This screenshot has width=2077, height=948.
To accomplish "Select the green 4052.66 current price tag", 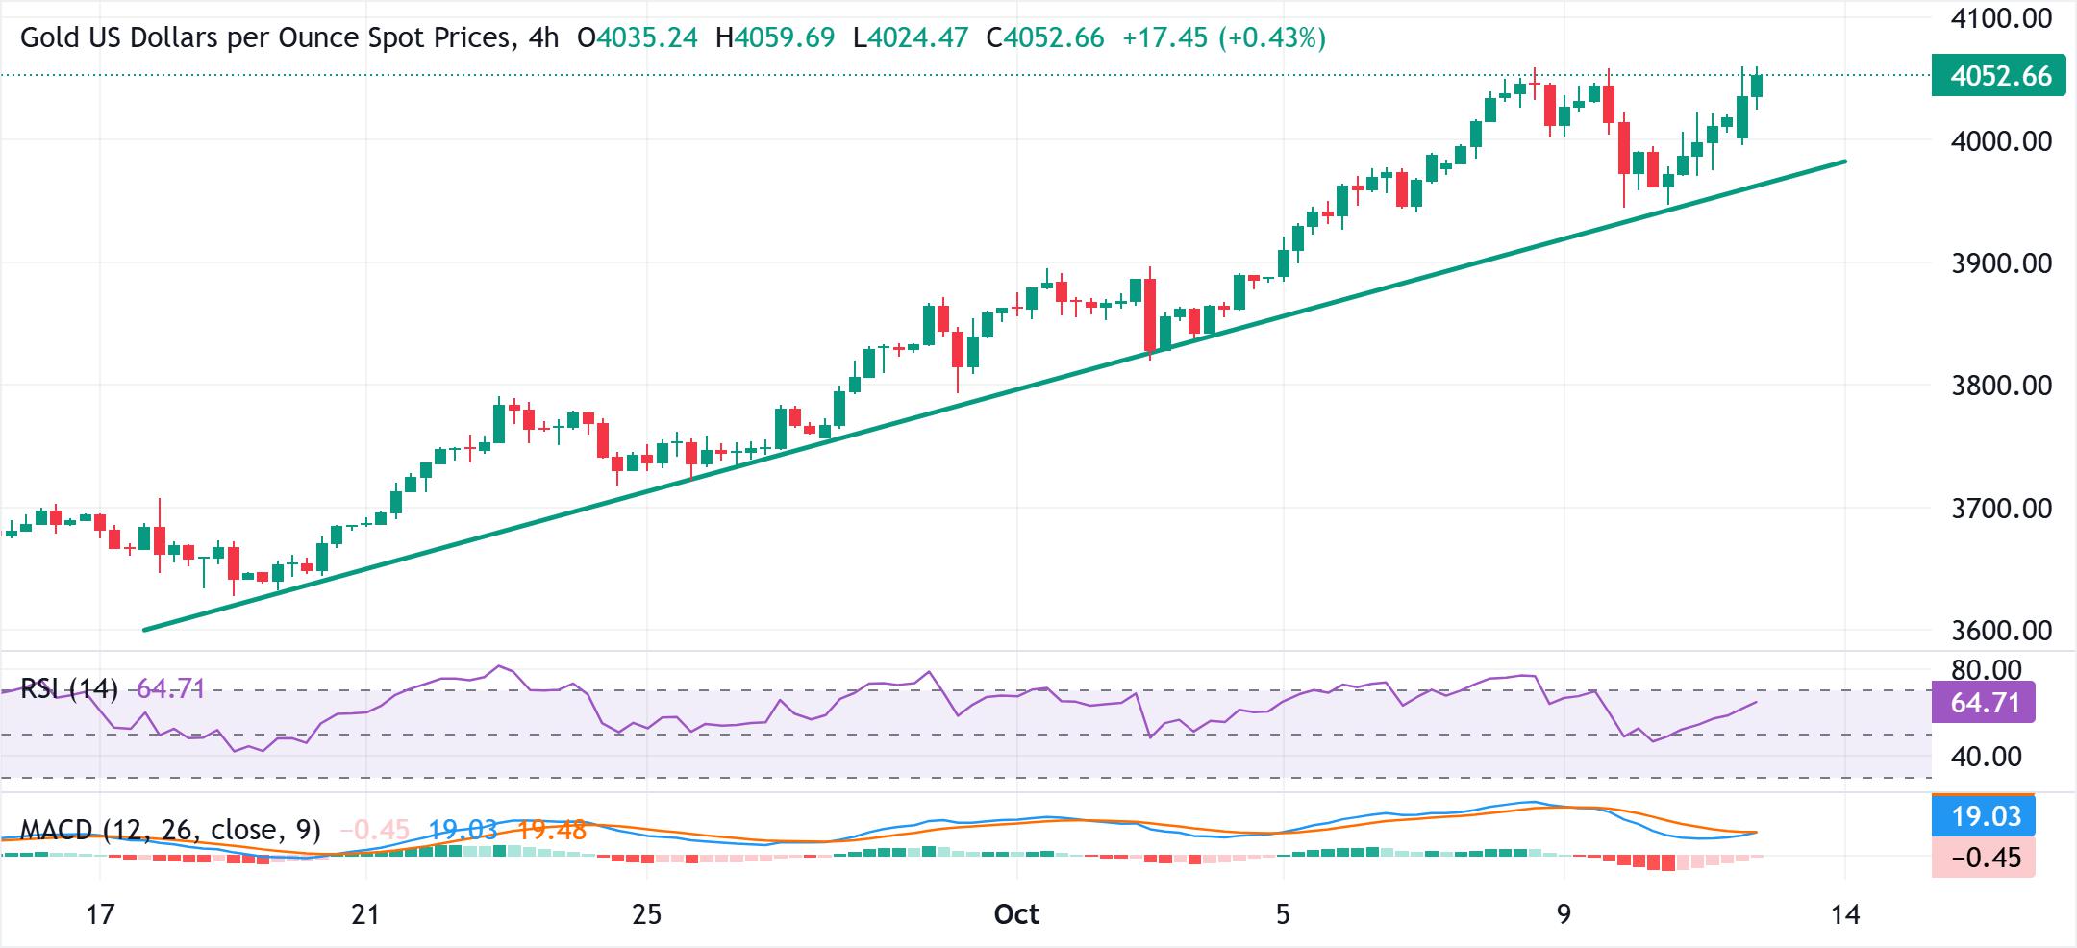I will pos(1997,76).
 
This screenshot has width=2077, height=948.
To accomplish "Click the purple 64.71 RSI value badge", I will pos(1983,703).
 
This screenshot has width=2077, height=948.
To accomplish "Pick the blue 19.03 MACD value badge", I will pos(1983,816).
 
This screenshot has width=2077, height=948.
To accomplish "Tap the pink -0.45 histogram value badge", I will pos(1983,857).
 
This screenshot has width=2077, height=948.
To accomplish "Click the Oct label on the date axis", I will pos(1016,914).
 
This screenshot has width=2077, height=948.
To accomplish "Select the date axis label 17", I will pos(100,914).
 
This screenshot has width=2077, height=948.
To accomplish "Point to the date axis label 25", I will pos(647,914).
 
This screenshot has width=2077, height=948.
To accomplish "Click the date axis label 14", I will pos(1845,914).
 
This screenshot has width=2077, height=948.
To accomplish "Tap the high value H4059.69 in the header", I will pos(775,38).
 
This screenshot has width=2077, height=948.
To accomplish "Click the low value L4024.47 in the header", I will pos(911,38).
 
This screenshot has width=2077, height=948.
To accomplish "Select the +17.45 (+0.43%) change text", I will pos(1223,38).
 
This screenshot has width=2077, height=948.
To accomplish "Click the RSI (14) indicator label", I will pos(69,688).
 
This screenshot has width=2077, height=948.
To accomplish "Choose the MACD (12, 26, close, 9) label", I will pos(170,830).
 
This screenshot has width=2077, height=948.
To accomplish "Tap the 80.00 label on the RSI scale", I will pos(1988,670).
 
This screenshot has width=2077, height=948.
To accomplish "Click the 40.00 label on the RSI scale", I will pos(1988,757).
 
